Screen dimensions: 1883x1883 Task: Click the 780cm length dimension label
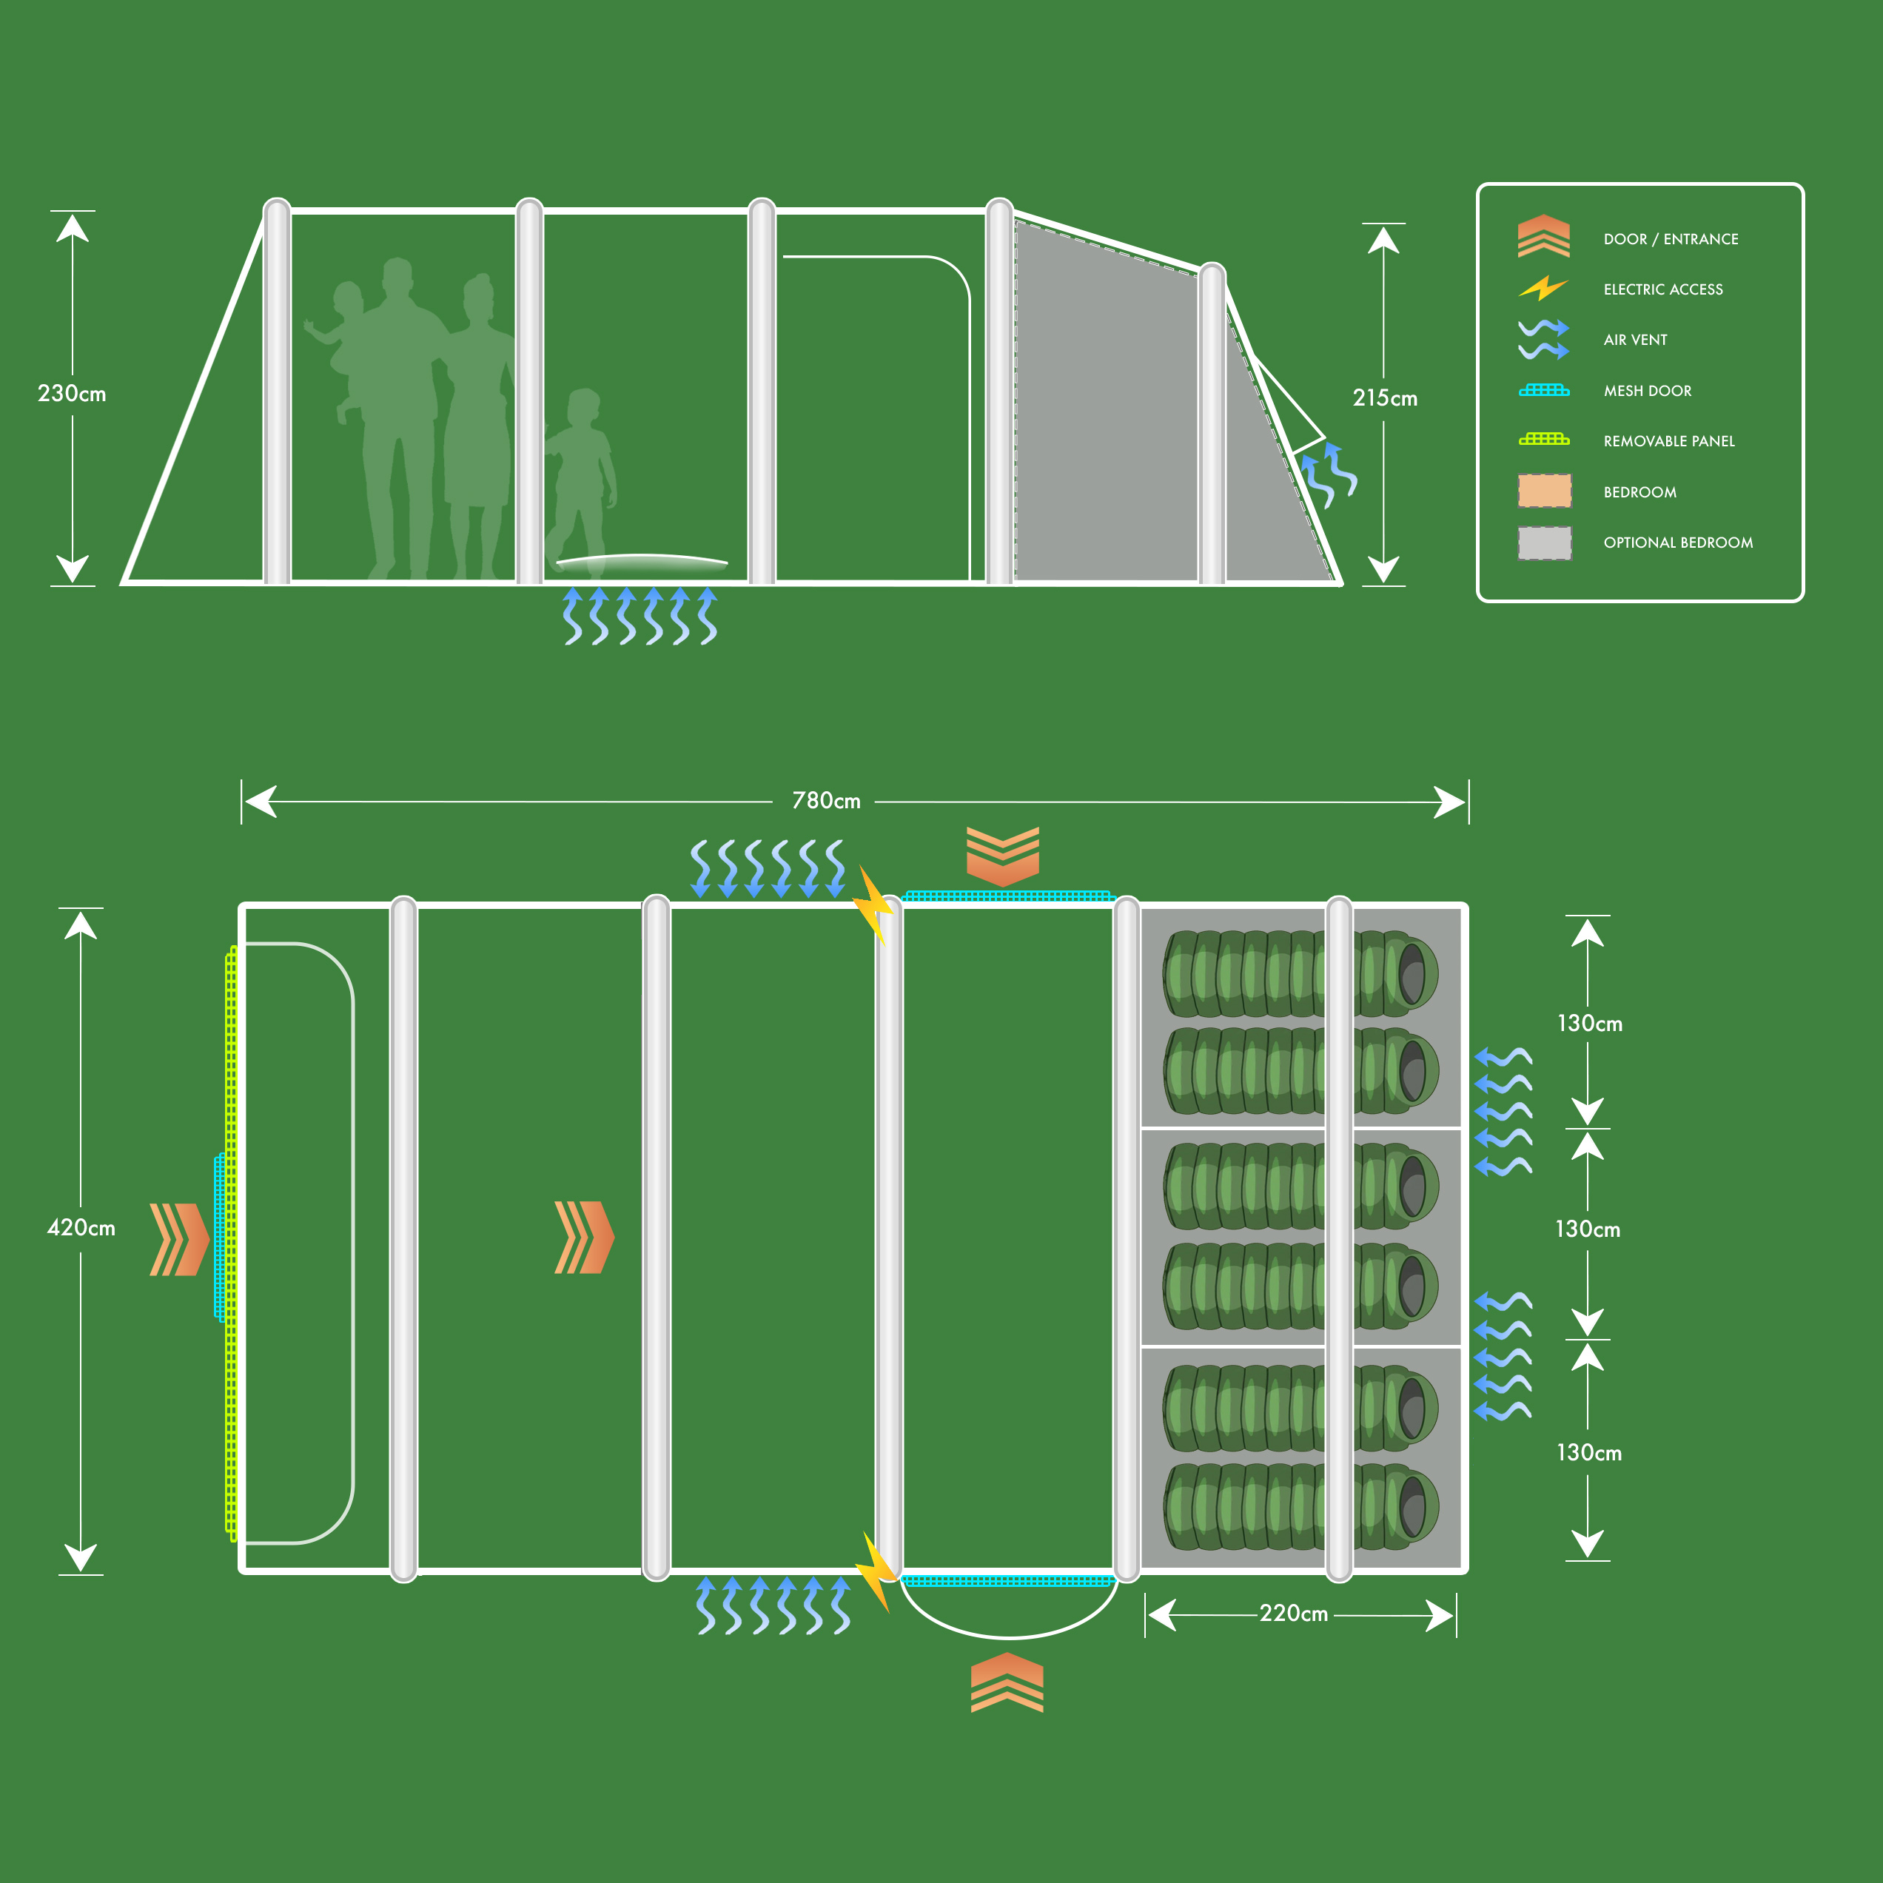click(825, 801)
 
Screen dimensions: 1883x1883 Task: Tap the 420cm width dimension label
click(81, 1228)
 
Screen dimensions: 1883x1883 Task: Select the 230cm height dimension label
click(71, 394)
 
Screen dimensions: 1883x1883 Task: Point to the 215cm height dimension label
click(1384, 397)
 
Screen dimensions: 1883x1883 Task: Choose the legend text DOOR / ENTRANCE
click(1671, 239)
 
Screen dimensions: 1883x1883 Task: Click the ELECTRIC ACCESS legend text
click(1662, 289)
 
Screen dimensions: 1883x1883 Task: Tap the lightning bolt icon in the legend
click(1543, 289)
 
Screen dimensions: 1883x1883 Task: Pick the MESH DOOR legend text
click(1647, 391)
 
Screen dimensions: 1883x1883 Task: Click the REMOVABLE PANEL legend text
click(1668, 441)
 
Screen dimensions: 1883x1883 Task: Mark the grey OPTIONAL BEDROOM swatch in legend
click(1544, 543)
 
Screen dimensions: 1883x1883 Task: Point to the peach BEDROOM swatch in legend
click(1544, 491)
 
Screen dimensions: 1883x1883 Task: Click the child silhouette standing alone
click(582, 477)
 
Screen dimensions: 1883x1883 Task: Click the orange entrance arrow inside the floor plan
click(584, 1238)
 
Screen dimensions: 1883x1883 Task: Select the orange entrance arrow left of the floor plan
click(178, 1239)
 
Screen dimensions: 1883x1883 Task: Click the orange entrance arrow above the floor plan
click(1002, 855)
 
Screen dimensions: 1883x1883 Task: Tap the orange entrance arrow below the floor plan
click(1007, 1682)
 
